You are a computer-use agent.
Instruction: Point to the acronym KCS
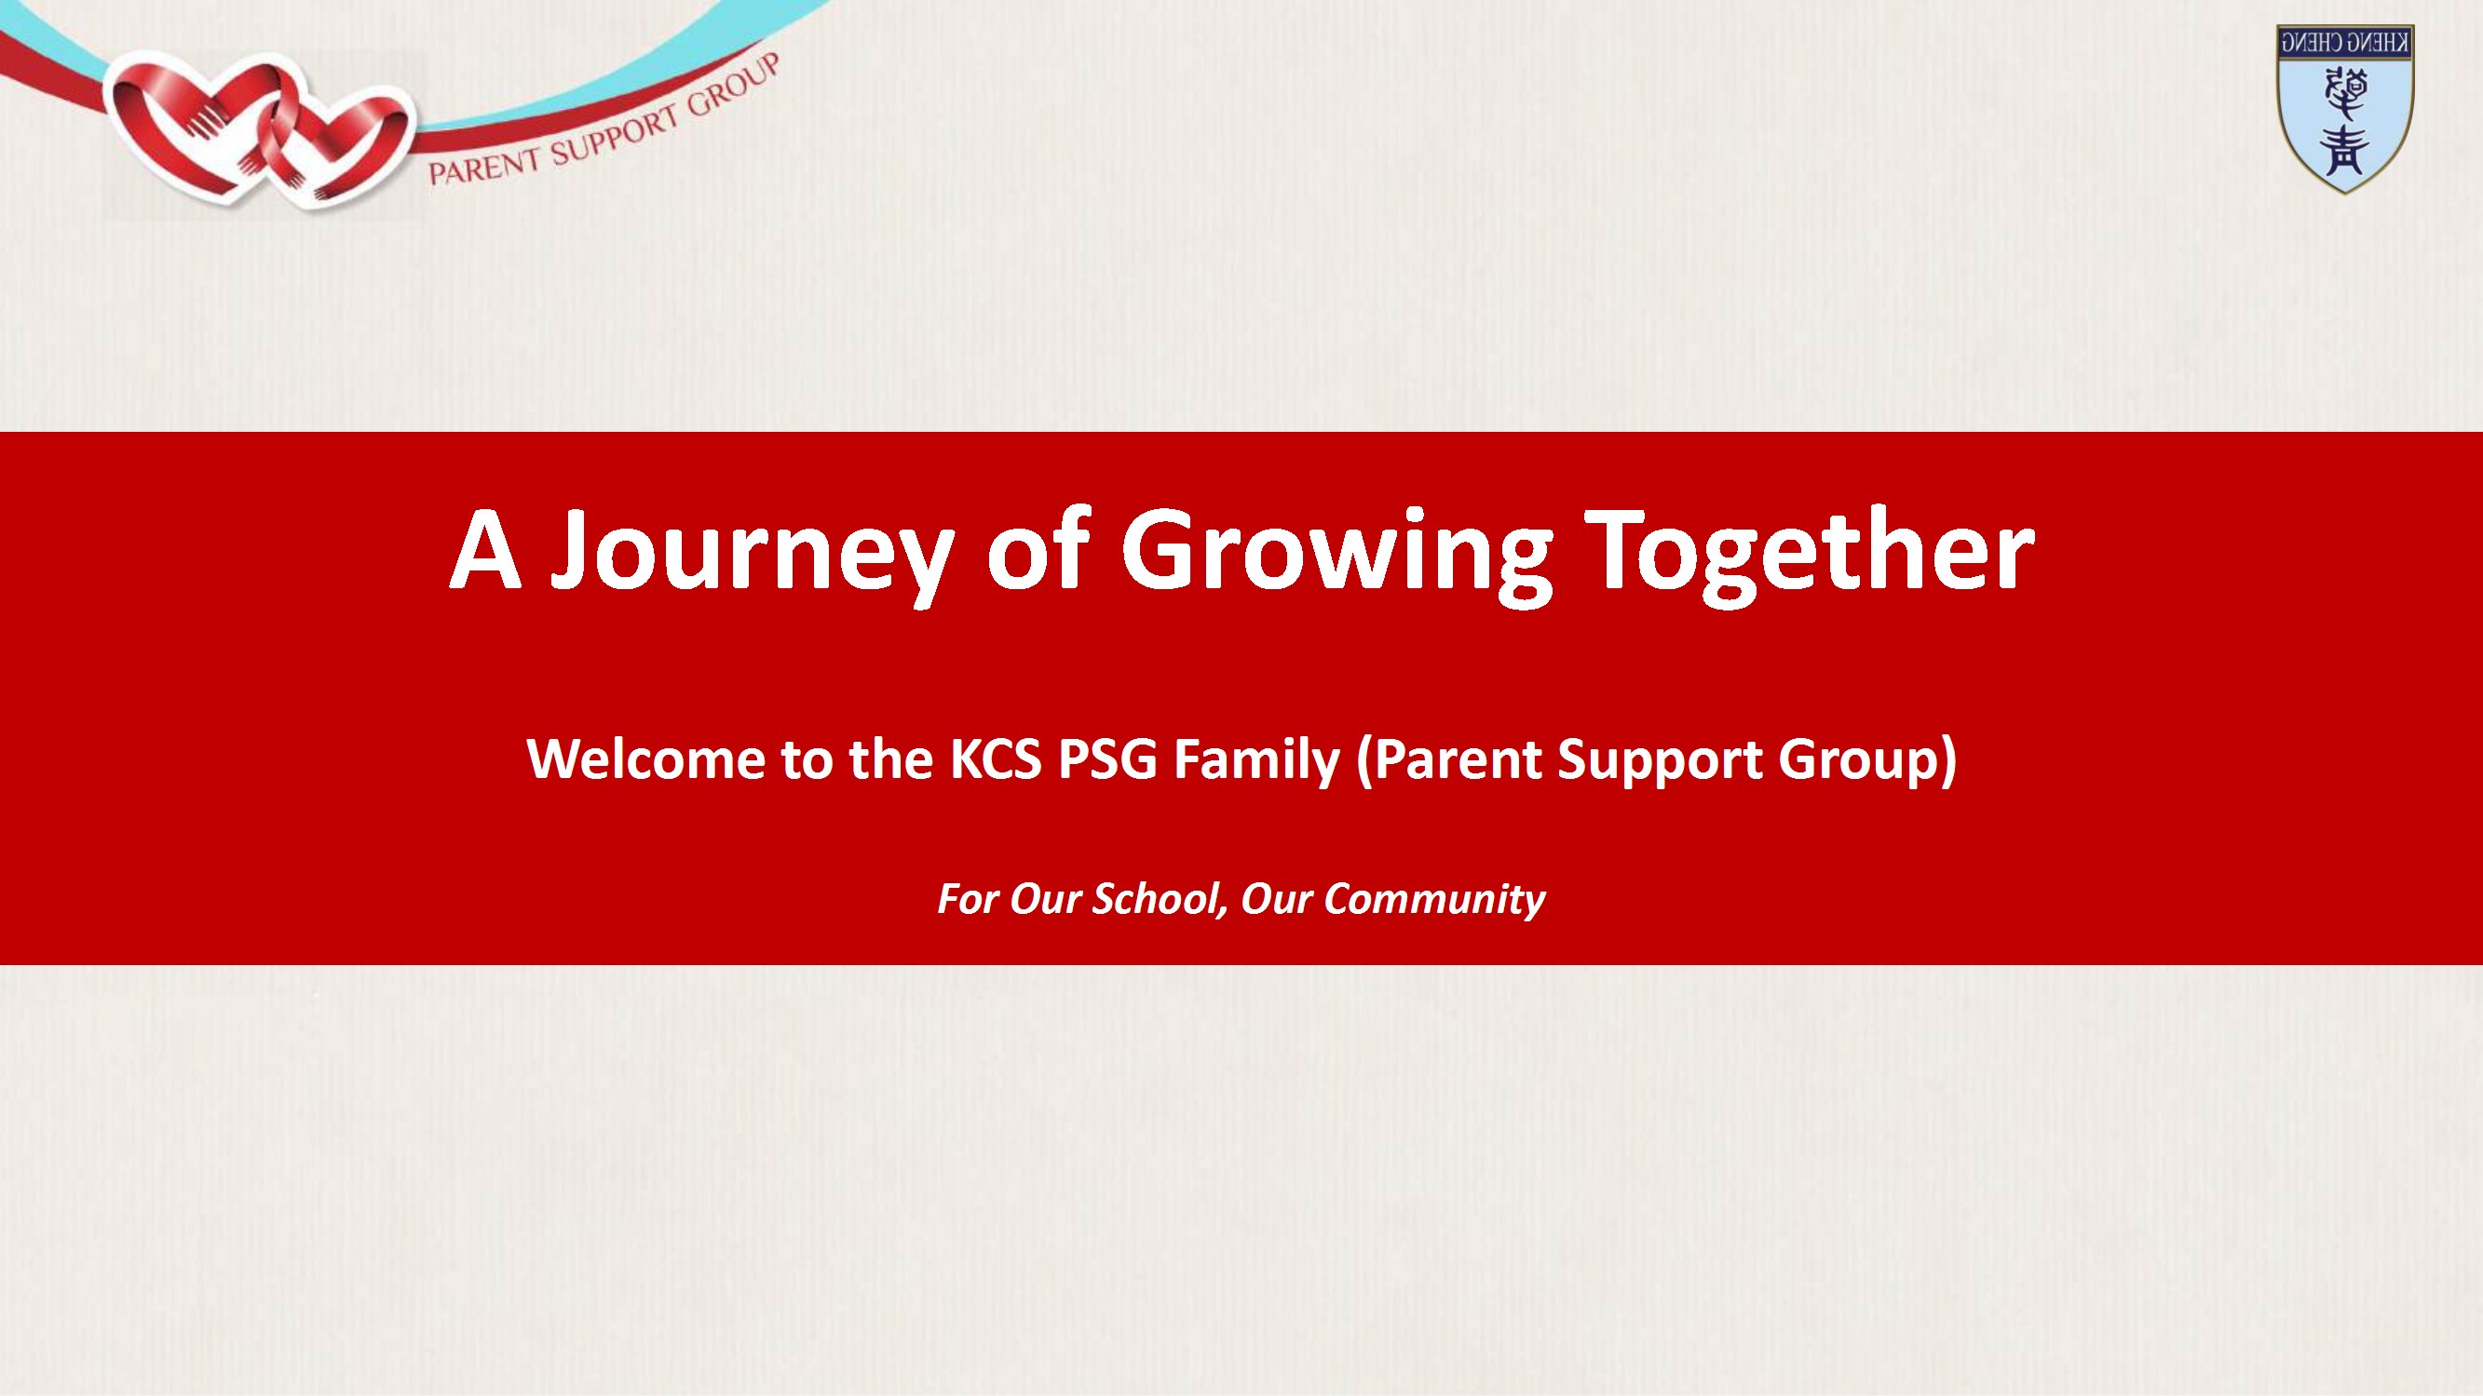point(996,758)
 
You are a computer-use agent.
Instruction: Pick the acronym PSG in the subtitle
point(1106,758)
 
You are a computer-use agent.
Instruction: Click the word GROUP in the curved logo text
point(732,86)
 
